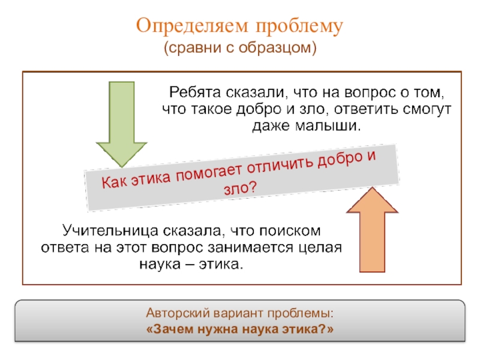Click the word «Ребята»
[195, 93]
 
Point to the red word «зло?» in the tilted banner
[239, 190]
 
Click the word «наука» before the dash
[163, 264]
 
